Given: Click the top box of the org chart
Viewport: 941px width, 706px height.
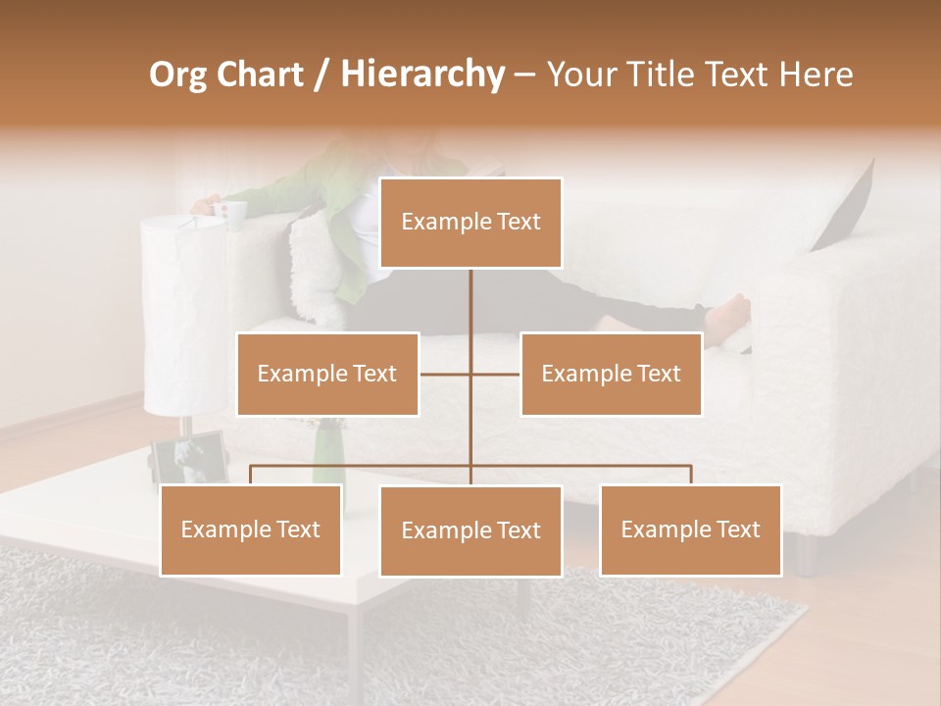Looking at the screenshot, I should pos(470,223).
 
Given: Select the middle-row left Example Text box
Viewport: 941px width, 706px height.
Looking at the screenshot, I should pos(327,374).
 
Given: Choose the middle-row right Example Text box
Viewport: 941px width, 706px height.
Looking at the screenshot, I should pos(611,374).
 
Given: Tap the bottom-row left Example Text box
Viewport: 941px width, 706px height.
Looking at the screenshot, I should pos(250,529).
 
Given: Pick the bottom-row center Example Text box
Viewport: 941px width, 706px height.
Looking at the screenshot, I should pos(470,530).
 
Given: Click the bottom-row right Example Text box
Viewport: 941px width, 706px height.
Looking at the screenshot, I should pos(690,529).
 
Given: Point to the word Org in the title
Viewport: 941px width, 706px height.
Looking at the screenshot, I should pos(179,75).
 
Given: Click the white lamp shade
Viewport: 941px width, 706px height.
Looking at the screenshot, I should pos(183,314).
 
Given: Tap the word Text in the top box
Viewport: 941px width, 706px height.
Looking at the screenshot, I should pos(518,223).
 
